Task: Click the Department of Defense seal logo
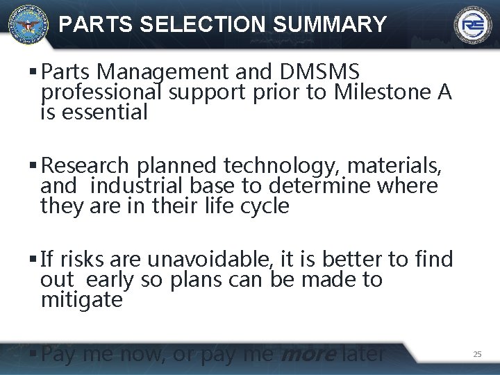26,24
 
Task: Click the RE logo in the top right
473,26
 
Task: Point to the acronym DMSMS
320,71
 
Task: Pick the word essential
105,112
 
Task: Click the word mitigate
81,300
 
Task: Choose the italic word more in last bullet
306,354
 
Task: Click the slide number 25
477,354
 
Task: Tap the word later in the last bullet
362,354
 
